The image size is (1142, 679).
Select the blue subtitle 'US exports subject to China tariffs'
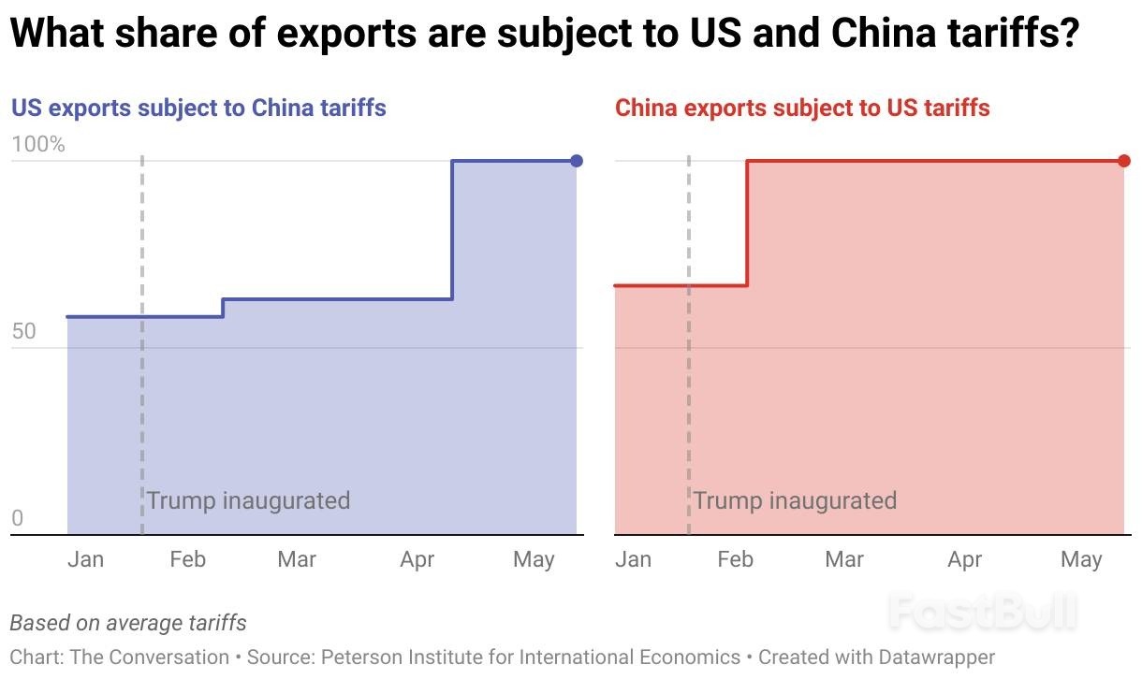[x=198, y=108]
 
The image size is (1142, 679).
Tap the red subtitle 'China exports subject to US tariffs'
[x=802, y=108]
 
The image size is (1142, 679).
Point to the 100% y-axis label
[x=38, y=145]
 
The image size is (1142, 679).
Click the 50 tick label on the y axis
[x=24, y=332]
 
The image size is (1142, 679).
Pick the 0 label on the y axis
[x=17, y=519]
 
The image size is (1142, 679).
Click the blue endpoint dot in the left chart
[x=577, y=161]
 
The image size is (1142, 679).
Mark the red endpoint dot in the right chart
[x=1124, y=161]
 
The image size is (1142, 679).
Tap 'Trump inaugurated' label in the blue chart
[x=248, y=500]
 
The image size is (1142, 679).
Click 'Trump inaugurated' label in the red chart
[x=795, y=500]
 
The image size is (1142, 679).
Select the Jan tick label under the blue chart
[x=86, y=559]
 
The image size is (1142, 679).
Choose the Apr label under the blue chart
[x=417, y=559]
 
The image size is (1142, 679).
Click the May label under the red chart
[x=1081, y=559]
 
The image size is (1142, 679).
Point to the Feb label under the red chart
[x=735, y=559]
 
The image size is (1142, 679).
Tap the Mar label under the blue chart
[x=297, y=559]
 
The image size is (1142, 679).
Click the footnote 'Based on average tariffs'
[x=128, y=622]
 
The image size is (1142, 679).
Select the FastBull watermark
[x=982, y=613]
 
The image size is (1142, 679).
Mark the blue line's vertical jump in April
[x=453, y=229]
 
